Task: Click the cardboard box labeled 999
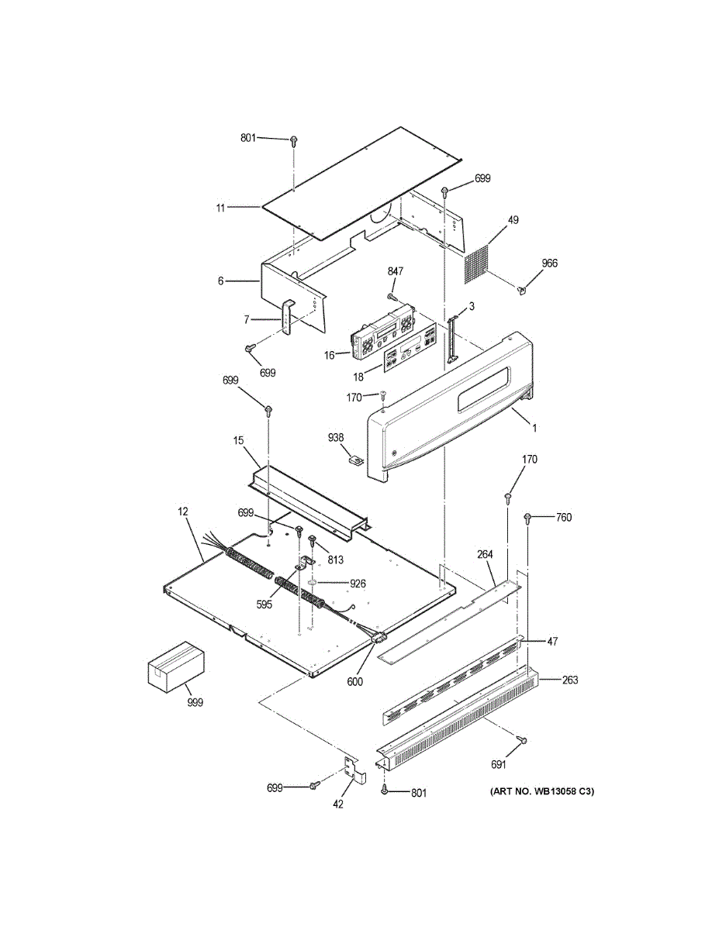[x=177, y=668]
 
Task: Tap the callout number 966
[x=549, y=263]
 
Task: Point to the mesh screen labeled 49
[x=479, y=264]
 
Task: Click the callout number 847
[x=396, y=271]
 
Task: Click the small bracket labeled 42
[x=352, y=770]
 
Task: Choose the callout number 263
[x=570, y=680]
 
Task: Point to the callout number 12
[x=183, y=511]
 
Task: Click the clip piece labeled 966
[x=523, y=290]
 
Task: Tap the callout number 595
[x=264, y=604]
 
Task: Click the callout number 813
[x=336, y=560]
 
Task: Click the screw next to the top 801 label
[x=294, y=141]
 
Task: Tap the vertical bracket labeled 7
[x=287, y=318]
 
